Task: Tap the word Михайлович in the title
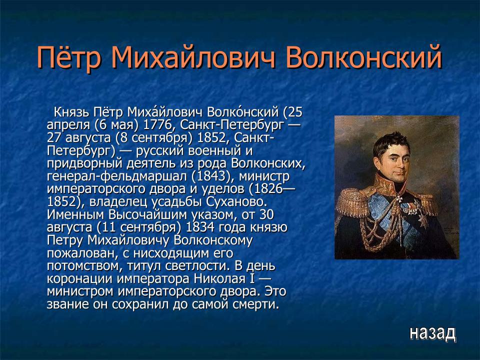pos(193,58)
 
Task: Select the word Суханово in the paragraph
pos(239,202)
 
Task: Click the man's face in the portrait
pos(395,159)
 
